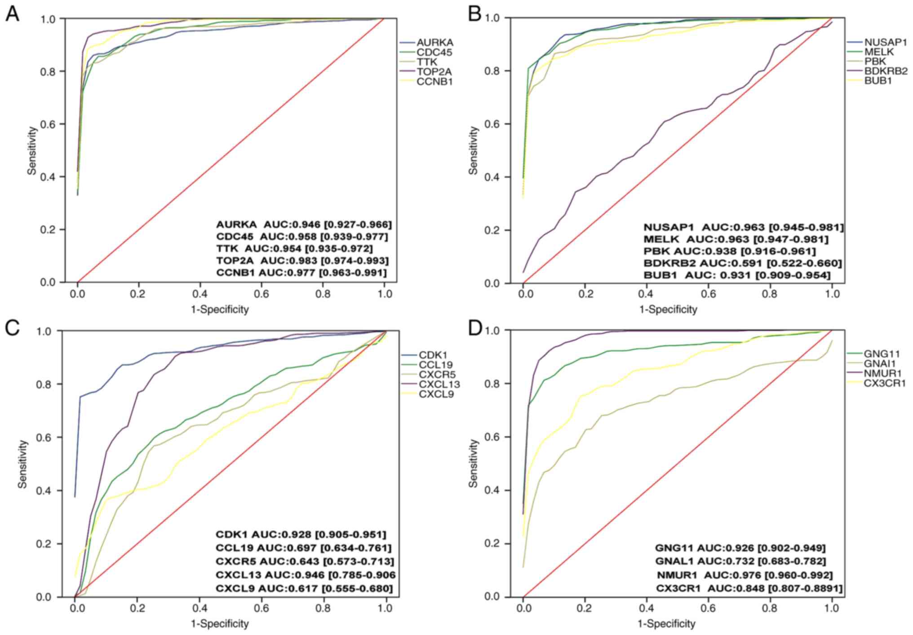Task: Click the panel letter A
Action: pyautogui.click(x=13, y=14)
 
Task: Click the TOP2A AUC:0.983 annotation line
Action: pyautogui.click(x=302, y=261)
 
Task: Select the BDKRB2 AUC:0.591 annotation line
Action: pyautogui.click(x=743, y=263)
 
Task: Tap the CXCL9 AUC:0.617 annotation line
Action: pyautogui.click(x=304, y=588)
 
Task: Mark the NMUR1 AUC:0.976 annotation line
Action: pyautogui.click(x=745, y=575)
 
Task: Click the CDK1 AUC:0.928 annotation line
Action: pyautogui.click(x=301, y=534)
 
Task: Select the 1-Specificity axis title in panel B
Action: pyautogui.click(x=668, y=309)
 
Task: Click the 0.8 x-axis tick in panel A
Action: pyautogui.click(x=323, y=294)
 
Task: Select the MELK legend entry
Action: pyautogui.click(x=879, y=52)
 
